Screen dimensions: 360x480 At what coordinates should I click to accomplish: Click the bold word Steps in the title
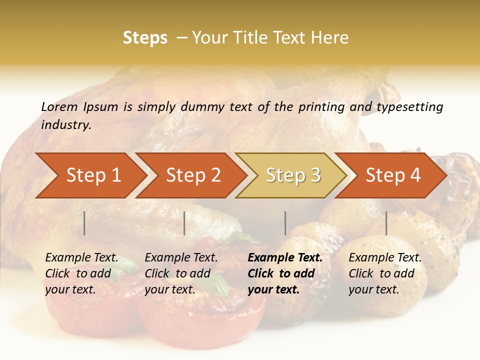coord(145,38)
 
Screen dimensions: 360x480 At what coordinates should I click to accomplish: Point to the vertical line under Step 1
coord(84,223)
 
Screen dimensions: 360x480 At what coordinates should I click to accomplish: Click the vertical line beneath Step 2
coord(184,223)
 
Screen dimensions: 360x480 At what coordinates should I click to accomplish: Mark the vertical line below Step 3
coord(285,223)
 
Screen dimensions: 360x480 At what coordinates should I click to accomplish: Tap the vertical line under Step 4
coord(386,223)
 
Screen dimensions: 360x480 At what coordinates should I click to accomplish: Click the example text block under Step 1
coord(81,273)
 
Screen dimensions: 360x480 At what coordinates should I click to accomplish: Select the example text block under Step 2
coord(181,273)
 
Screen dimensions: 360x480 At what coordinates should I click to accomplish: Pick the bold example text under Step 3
coord(285,273)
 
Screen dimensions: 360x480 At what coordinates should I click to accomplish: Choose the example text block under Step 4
coord(385,273)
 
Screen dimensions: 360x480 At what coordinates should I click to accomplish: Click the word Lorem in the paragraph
coord(59,107)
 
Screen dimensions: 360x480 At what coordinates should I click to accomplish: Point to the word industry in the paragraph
coord(66,125)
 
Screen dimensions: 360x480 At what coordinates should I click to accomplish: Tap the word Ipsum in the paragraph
coord(101,107)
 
